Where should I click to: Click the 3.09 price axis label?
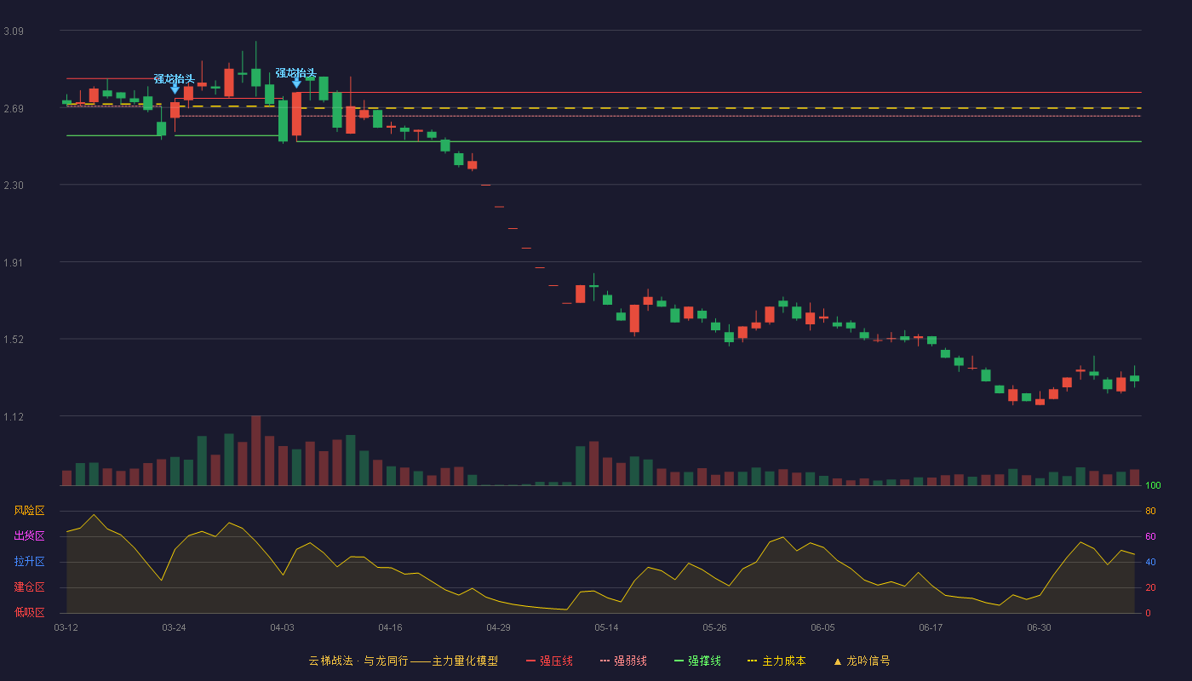tap(14, 31)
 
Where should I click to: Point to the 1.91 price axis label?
tap(14, 263)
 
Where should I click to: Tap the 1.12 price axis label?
tap(14, 417)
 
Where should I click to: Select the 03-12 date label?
tap(66, 628)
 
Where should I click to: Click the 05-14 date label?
tap(606, 628)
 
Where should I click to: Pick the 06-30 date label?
tap(1040, 628)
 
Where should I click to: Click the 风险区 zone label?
tap(29, 511)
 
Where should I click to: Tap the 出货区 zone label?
tap(29, 535)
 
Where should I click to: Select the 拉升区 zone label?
tap(29, 561)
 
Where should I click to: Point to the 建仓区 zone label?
tap(29, 587)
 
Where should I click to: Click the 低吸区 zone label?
tap(29, 612)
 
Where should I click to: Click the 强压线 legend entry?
tap(549, 661)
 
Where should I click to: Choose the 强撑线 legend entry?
tap(697, 661)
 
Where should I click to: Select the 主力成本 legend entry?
tap(777, 661)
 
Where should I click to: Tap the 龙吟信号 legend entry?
tap(862, 661)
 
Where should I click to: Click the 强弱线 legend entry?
tap(623, 661)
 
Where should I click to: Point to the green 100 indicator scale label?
tap(1153, 485)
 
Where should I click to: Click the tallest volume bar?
tap(256, 450)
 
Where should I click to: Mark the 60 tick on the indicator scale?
tap(1150, 536)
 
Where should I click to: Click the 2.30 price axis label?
tap(14, 186)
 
